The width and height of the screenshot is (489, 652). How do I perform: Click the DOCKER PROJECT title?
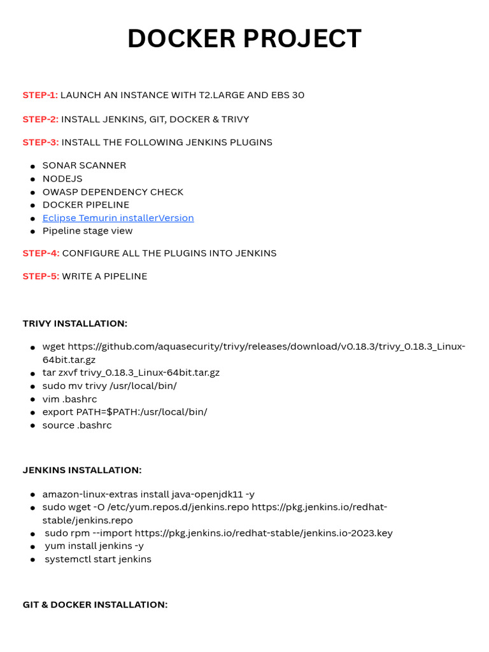(244, 39)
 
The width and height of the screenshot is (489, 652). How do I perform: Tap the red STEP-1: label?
(40, 95)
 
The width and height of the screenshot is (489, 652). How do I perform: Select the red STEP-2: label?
(41, 119)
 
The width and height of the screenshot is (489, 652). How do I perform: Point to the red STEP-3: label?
(41, 142)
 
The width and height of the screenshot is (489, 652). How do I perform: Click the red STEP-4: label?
(41, 253)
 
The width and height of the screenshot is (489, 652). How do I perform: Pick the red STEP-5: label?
(41, 276)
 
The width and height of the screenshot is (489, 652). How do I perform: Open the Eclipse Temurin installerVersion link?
(118, 218)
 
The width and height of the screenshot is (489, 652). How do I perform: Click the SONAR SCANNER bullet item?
(84, 166)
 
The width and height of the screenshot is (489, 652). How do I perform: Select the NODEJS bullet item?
(62, 179)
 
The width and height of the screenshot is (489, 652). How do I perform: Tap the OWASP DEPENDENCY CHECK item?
(113, 192)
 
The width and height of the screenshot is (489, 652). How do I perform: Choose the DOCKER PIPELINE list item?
(86, 204)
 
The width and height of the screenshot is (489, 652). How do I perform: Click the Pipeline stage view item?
(87, 230)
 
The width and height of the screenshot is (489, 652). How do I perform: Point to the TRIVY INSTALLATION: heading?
(75, 323)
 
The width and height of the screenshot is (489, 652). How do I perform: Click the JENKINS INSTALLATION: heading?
(82, 470)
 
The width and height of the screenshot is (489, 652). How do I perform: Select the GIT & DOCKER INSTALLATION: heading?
(96, 604)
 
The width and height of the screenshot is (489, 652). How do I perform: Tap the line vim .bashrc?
(69, 399)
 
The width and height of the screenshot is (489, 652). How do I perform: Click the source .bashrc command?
(77, 425)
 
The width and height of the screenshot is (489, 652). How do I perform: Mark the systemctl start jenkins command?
(98, 559)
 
